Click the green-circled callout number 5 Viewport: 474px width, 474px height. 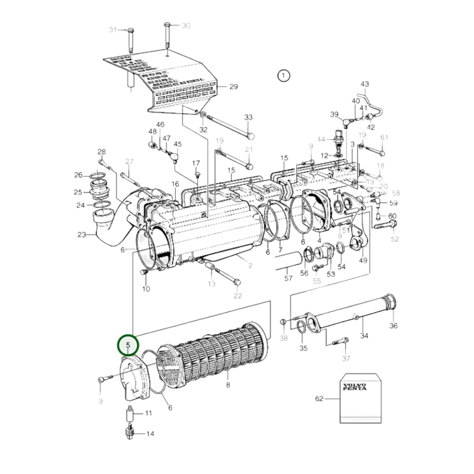coord(128,345)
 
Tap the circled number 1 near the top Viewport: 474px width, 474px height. coord(283,76)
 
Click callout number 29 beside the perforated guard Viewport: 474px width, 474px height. coord(233,87)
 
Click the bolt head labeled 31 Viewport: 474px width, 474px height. coord(130,30)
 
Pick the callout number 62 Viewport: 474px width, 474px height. coord(319,399)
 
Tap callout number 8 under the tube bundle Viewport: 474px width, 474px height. coord(228,385)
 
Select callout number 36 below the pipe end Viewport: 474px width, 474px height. coord(393,325)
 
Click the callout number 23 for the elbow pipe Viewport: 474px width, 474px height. coord(82,235)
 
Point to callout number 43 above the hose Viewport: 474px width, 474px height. coord(364,84)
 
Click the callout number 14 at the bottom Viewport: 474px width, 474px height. coord(150,434)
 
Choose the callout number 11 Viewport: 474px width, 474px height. coord(149,413)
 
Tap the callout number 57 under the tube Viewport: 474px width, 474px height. coord(288,278)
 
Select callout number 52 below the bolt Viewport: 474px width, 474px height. coord(395,239)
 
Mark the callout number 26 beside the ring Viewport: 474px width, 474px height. coord(78,175)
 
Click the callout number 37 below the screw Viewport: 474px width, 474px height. coord(346,359)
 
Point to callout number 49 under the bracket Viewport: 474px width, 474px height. coord(363,260)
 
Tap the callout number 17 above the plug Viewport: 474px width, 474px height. coord(196,163)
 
